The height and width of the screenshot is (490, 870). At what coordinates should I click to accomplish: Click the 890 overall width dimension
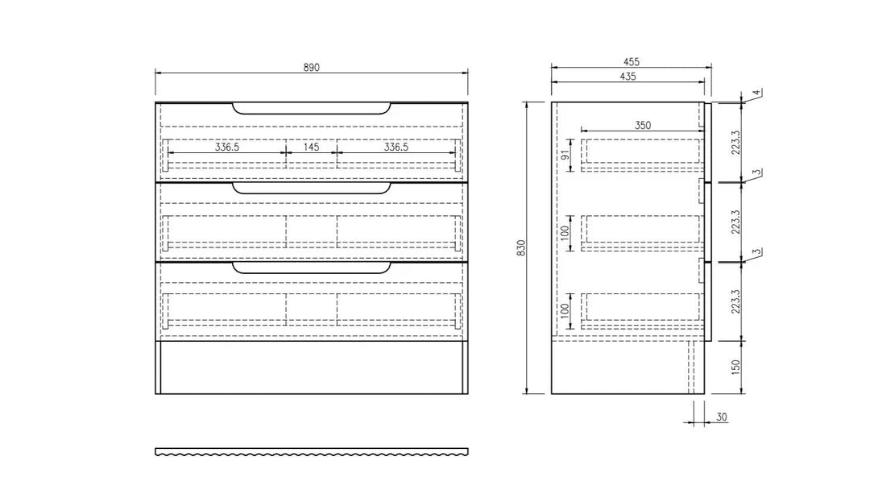pyautogui.click(x=312, y=68)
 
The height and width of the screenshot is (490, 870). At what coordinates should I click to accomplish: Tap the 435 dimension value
pyautogui.click(x=628, y=77)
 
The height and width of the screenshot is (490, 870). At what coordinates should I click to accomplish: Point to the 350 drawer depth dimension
pyautogui.click(x=642, y=125)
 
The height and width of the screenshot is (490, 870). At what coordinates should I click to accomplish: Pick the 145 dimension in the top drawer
pyautogui.click(x=311, y=147)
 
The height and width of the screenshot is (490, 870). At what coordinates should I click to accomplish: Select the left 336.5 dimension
pyautogui.click(x=227, y=147)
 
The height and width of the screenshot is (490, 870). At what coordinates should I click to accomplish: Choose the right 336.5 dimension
pyautogui.click(x=396, y=147)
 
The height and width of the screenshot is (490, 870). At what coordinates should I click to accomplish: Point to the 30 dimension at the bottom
pyautogui.click(x=722, y=417)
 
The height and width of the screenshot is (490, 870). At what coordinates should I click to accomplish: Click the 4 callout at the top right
pyautogui.click(x=756, y=93)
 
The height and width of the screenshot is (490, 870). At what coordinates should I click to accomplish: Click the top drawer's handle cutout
pyautogui.click(x=312, y=108)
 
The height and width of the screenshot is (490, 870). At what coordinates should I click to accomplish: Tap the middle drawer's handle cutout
pyautogui.click(x=312, y=189)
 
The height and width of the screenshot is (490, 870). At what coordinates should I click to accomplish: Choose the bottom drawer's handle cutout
pyautogui.click(x=312, y=268)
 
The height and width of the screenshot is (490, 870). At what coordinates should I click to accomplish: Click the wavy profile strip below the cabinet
pyautogui.click(x=312, y=452)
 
